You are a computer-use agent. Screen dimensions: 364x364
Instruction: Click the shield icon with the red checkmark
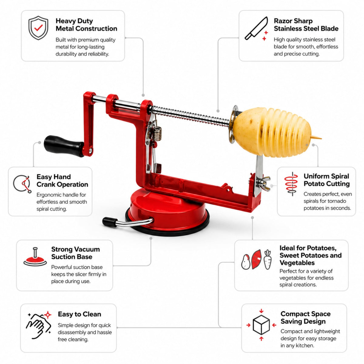(38, 28)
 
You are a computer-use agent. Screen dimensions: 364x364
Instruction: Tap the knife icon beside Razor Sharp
(256, 28)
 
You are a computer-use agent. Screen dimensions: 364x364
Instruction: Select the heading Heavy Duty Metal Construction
(86, 25)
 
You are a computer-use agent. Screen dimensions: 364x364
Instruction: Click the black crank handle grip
(64, 146)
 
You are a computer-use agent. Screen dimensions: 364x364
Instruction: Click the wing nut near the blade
(265, 183)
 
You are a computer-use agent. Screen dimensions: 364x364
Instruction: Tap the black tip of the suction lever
(110, 222)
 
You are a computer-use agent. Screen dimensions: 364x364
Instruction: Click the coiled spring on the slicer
(157, 133)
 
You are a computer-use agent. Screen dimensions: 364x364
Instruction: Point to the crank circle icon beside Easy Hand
(22, 184)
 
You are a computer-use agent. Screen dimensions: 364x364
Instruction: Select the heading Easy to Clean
(79, 314)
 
